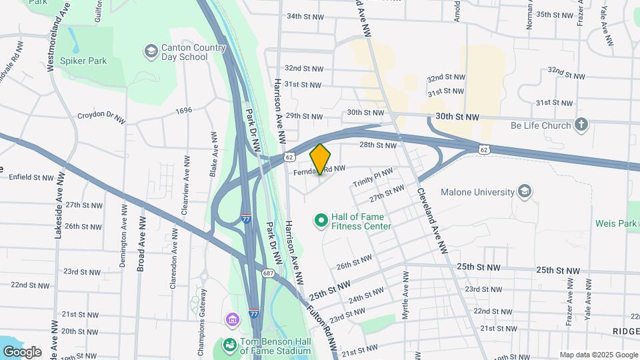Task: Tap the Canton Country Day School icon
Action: tap(151, 51)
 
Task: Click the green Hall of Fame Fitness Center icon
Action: tap(321, 219)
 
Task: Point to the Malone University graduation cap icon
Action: tap(524, 192)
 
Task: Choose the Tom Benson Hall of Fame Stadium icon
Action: tap(229, 345)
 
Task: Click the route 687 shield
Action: tap(268, 273)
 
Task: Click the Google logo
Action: tap(21, 351)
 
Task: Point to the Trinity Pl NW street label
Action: tap(373, 177)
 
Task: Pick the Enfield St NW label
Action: tap(31, 177)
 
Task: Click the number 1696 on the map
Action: tap(183, 110)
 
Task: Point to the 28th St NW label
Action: tap(378, 145)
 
